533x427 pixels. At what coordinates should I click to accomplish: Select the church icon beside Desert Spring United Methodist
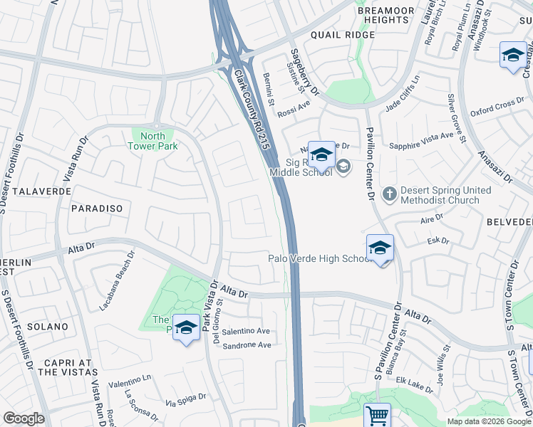(x=389, y=194)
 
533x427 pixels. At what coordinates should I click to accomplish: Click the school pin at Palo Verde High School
(x=380, y=248)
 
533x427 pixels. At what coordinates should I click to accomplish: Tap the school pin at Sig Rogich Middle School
(x=321, y=154)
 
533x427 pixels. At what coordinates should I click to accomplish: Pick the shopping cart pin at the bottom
(x=377, y=415)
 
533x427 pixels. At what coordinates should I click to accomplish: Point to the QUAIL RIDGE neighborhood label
(x=342, y=35)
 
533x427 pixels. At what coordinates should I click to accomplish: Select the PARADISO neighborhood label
(x=97, y=209)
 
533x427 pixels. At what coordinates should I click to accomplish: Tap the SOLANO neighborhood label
(x=48, y=327)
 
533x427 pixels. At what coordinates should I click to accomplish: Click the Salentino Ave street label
(x=246, y=331)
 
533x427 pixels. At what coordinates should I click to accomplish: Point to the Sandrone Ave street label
(x=247, y=345)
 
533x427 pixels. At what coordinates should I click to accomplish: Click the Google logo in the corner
(x=24, y=418)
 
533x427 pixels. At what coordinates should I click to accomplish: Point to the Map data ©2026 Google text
(x=488, y=421)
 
